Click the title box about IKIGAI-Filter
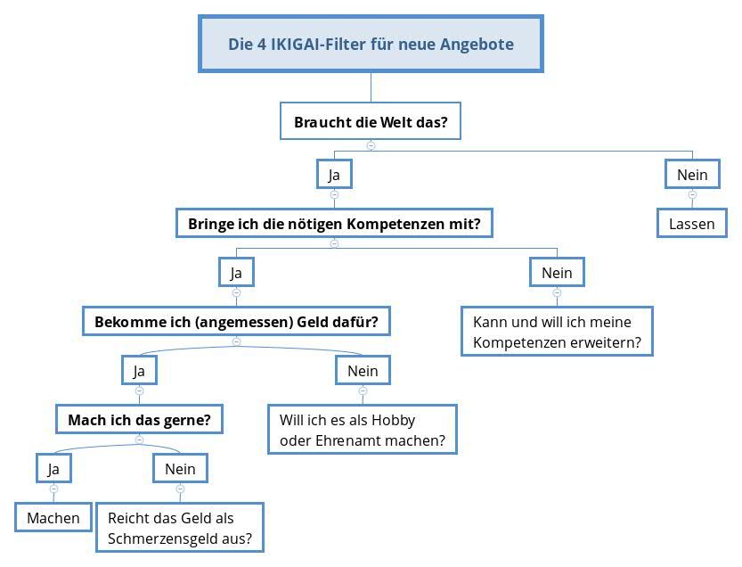pyautogui.click(x=371, y=44)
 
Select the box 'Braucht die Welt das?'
pyautogui.click(x=371, y=121)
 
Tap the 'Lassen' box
pyautogui.click(x=692, y=223)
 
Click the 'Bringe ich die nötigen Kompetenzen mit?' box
pyautogui.click(x=334, y=223)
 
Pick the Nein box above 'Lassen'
pyautogui.click(x=692, y=175)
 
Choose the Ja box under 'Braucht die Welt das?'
pyautogui.click(x=334, y=175)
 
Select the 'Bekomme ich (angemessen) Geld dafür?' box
pyautogui.click(x=236, y=321)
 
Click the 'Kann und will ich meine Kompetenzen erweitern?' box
pyautogui.click(x=557, y=332)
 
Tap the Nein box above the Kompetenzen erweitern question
pyautogui.click(x=557, y=273)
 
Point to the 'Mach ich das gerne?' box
pyautogui.click(x=139, y=419)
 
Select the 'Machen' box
pyautogui.click(x=53, y=517)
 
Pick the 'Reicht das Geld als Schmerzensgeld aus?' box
pyautogui.click(x=180, y=528)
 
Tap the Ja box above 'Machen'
pyautogui.click(x=53, y=468)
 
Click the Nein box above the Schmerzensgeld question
pyautogui.click(x=180, y=468)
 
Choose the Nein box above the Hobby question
pyautogui.click(x=363, y=370)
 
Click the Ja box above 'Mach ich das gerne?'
pyautogui.click(x=139, y=370)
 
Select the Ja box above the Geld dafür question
pyautogui.click(x=236, y=273)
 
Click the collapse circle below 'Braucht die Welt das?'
pyautogui.click(x=371, y=145)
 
